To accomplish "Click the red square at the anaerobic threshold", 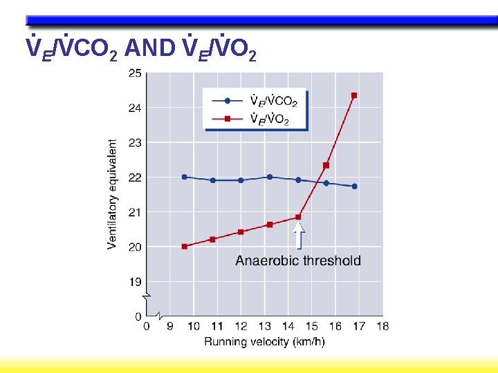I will (298, 217).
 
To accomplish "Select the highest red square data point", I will (354, 95).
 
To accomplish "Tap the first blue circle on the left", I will (184, 177).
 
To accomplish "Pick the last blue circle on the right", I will (354, 186).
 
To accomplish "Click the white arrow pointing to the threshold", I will (299, 236).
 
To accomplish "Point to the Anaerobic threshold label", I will (298, 260).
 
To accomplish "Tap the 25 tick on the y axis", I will (135, 73).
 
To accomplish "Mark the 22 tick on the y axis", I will (135, 178).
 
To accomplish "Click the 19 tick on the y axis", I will (135, 282).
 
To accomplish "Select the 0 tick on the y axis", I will (138, 316).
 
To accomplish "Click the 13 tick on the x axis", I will (264, 327).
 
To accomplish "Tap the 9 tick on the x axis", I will (170, 327).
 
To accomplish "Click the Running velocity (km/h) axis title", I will (264, 342).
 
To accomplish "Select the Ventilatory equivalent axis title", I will (112, 194).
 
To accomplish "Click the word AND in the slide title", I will (152, 48).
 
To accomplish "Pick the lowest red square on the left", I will (184, 247).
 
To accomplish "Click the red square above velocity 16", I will (326, 165).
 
